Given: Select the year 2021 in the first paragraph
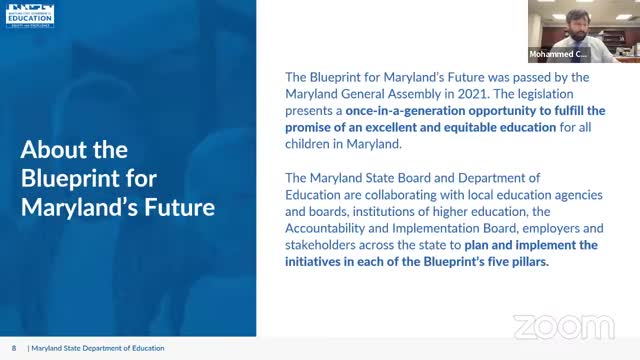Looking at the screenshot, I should pos(446,93).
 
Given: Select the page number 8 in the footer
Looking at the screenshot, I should pos(15,348).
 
